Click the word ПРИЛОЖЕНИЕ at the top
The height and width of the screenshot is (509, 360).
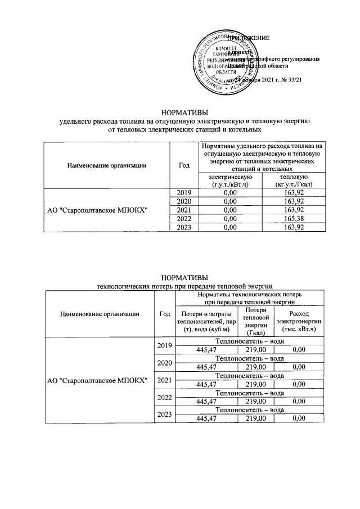coord(247,38)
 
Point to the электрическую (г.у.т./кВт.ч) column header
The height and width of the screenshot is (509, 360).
coord(229,181)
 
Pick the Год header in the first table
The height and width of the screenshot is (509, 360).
coord(183,165)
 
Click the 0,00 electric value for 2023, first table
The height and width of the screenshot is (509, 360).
coord(229,227)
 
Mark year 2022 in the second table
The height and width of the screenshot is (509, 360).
coord(165,397)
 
